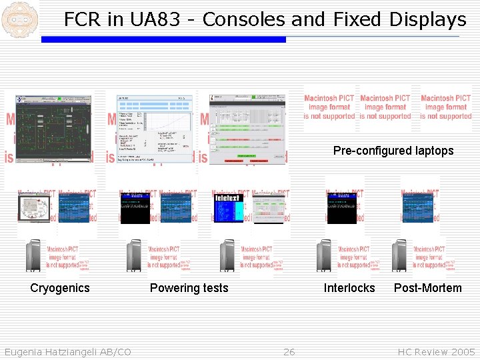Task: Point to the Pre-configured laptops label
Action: (393, 151)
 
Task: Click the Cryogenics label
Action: (59, 288)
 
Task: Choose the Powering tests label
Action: (189, 288)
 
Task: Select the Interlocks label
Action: (349, 288)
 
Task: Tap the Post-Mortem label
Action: (427, 288)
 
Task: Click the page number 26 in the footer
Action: (289, 352)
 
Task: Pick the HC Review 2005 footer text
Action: (436, 352)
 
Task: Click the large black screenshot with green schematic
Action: (55, 127)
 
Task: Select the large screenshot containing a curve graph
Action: (154, 127)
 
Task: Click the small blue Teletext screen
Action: (230, 207)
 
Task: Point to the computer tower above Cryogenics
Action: (33, 256)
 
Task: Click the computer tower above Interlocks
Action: (324, 256)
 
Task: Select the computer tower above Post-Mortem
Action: (400, 256)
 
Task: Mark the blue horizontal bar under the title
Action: (163, 39)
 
